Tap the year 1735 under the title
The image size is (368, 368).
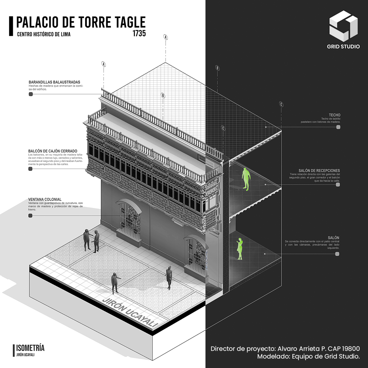coord(139,33)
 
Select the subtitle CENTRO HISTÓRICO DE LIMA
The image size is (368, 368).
coord(44,34)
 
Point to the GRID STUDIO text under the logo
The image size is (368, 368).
coord(343,47)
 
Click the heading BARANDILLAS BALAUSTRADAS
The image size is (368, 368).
coord(54,82)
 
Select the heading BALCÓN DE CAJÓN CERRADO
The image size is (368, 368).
coord(53,151)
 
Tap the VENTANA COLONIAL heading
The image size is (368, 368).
coord(45,200)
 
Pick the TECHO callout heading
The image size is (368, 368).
coord(335,115)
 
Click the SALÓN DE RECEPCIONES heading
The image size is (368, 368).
coord(319,171)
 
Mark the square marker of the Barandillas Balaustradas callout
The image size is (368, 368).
coord(31,94)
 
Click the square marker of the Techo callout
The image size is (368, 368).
coord(338,127)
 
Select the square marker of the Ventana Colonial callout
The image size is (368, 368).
coord(30,216)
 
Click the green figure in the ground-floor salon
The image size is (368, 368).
coord(240,249)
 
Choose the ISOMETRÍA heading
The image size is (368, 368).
coord(30,348)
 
